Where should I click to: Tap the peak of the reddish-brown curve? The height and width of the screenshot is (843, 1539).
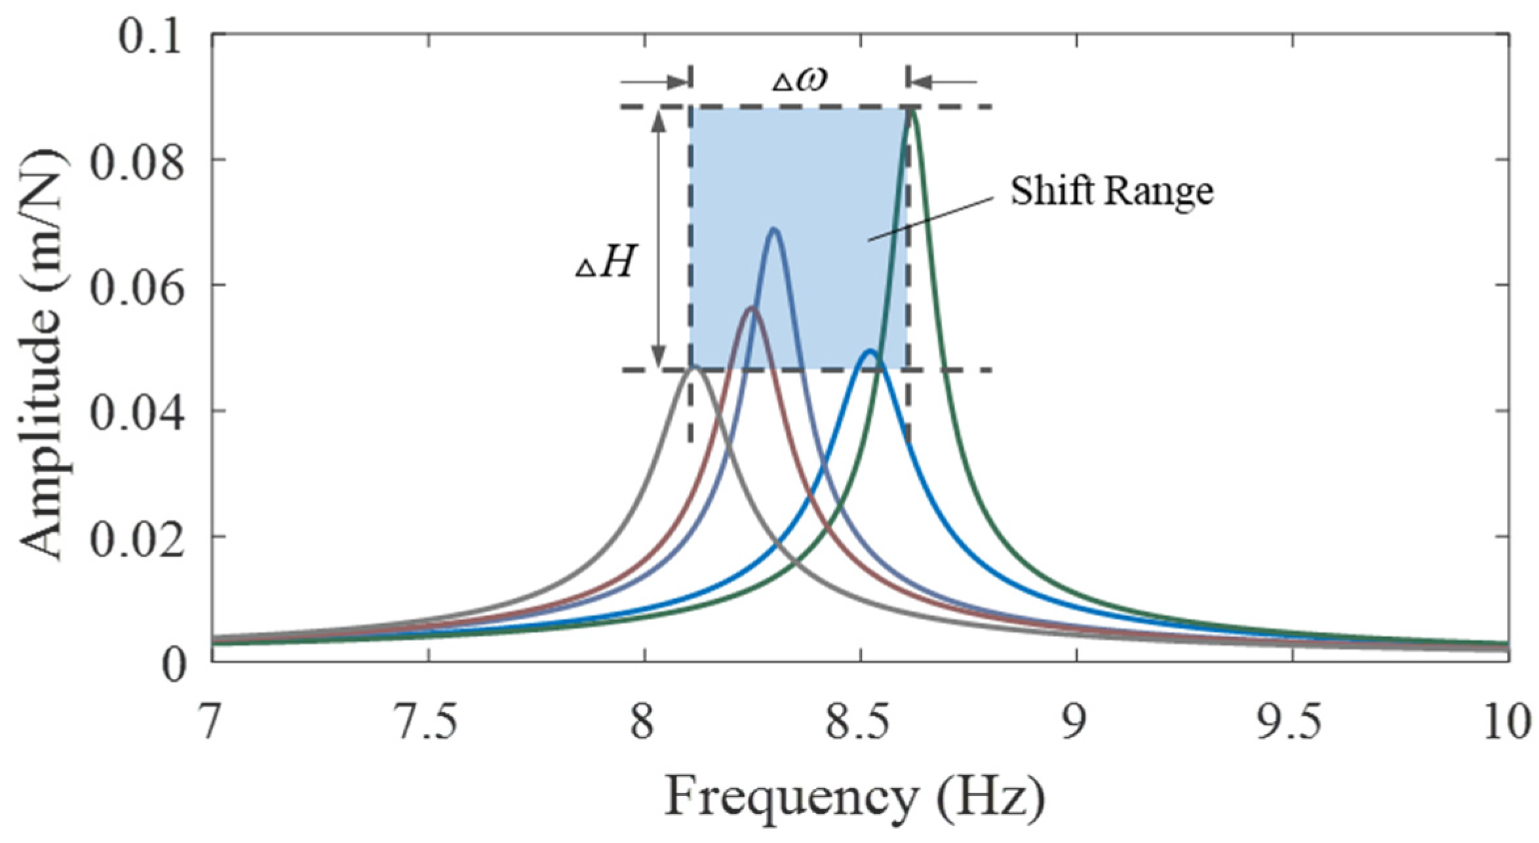tap(751, 307)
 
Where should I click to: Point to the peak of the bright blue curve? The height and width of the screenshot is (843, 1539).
tap(870, 351)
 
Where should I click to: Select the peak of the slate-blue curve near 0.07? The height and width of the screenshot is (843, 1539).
tap(774, 229)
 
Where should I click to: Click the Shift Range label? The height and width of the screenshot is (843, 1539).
tap(1112, 191)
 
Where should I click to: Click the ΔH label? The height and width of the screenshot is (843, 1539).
tap(606, 264)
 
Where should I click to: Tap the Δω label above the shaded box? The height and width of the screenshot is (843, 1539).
tap(799, 80)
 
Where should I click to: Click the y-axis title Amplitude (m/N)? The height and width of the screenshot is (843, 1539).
tap(43, 354)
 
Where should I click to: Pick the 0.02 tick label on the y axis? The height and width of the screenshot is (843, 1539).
tap(136, 539)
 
